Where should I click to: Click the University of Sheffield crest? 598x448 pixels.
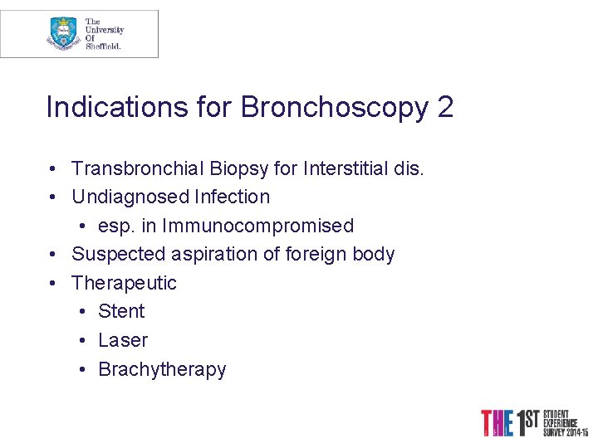[63, 34]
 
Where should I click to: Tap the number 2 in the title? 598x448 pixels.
[444, 108]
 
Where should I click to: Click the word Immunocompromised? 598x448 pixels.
[258, 226]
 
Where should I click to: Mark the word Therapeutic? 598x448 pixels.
[125, 283]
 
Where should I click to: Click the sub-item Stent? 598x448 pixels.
[121, 311]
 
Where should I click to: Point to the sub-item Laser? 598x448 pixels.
[123, 340]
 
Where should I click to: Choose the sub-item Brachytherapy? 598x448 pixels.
[162, 369]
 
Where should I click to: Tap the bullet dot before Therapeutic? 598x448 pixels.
[52, 283]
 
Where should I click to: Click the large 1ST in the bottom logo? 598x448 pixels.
[527, 422]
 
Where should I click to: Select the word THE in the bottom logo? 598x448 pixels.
[497, 423]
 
